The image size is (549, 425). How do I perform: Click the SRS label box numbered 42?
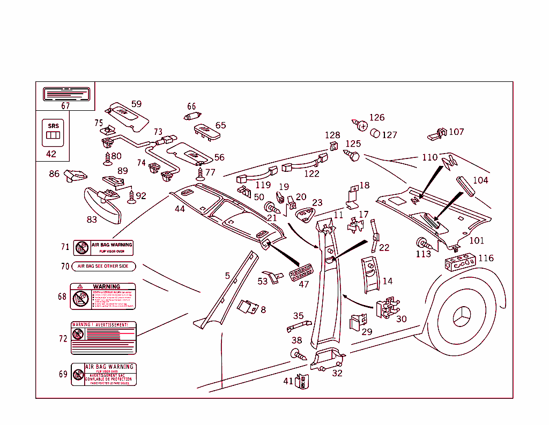pyautogui.click(x=53, y=133)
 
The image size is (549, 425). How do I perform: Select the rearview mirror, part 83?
pyautogui.click(x=103, y=205)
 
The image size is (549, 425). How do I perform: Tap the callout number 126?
pyautogui.click(x=377, y=118)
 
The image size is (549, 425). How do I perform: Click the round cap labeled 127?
pyautogui.click(x=376, y=133)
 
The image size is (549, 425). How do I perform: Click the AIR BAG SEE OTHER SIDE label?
pyautogui.click(x=103, y=266)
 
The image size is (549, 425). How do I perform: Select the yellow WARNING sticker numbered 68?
pyautogui.click(x=103, y=297)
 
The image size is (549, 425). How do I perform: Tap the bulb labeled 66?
pyautogui.click(x=192, y=116)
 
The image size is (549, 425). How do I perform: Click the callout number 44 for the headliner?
pyautogui.click(x=180, y=209)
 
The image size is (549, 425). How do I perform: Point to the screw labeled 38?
pyautogui.click(x=296, y=354)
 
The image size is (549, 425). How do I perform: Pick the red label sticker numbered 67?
pyautogui.click(x=65, y=94)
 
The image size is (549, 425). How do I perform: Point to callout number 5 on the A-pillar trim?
pyautogui.click(x=227, y=276)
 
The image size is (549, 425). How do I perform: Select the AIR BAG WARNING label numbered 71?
pyautogui.click(x=103, y=248)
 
